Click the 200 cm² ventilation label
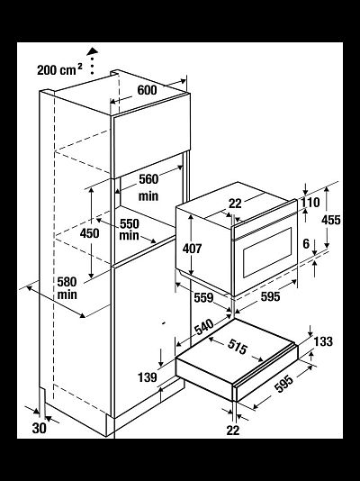59,69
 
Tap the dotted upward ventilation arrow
92,60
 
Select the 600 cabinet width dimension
147,90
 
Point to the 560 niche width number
148,179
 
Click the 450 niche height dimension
89,233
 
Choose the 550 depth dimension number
130,224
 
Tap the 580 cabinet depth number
67,282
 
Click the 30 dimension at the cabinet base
40,428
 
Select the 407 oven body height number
192,249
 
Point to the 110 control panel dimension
310,203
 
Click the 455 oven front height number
331,220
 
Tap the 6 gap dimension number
306,244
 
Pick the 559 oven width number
203,297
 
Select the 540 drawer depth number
204,327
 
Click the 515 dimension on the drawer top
238,347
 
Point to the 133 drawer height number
323,341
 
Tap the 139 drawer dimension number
148,377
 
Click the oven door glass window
267,252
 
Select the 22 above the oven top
235,204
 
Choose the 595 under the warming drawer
284,384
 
